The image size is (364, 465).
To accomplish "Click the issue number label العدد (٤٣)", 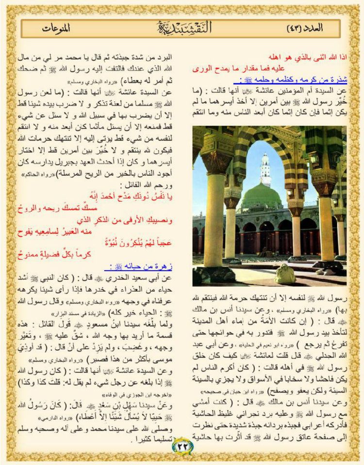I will [305, 28].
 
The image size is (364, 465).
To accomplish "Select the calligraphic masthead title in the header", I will [182, 27].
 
